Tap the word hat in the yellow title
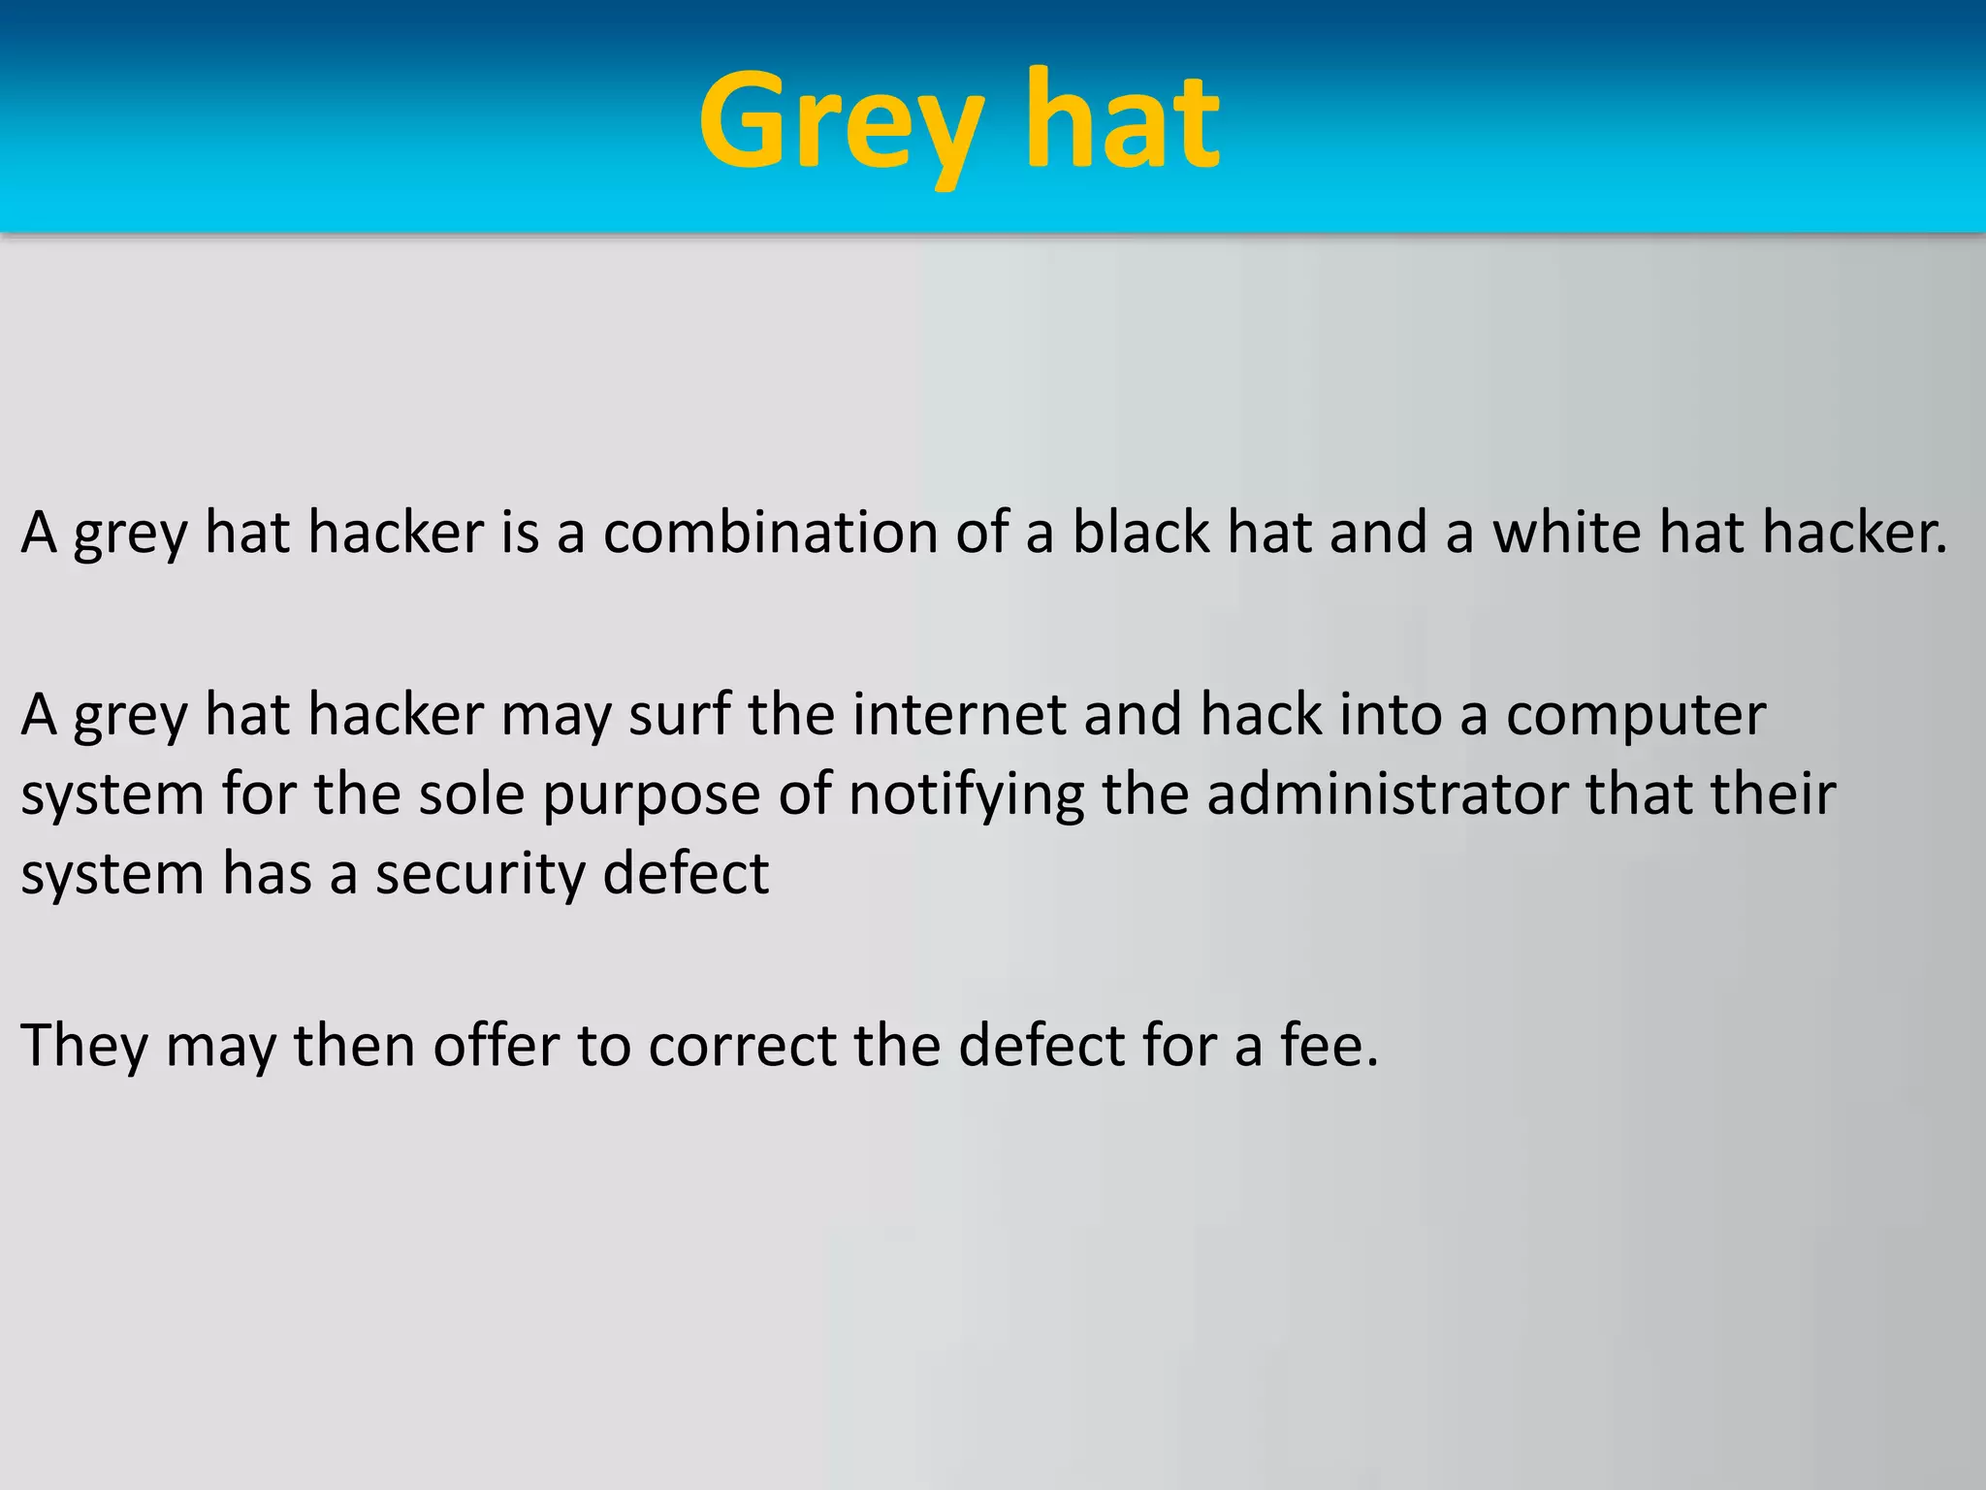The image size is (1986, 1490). pyautogui.click(x=1122, y=124)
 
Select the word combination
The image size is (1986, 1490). pyautogui.click(x=771, y=533)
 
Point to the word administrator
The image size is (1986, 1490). pyautogui.click(x=1388, y=794)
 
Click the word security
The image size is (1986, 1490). pyautogui.click(x=479, y=875)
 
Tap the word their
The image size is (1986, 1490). pyautogui.click(x=1774, y=794)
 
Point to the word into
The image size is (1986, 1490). pyautogui.click(x=1393, y=715)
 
